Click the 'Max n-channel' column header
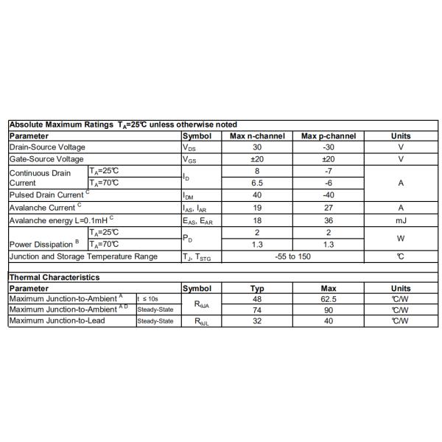click(257, 136)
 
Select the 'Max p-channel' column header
click(329, 136)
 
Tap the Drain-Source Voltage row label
click(47, 147)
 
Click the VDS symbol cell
click(189, 147)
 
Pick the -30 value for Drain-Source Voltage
click(329, 147)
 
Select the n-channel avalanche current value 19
click(257, 207)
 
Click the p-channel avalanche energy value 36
click(329, 220)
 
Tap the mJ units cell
click(400, 220)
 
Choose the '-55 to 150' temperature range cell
click(292, 256)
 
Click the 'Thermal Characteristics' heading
click(54, 277)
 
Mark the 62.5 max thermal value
click(329, 299)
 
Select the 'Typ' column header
click(257, 288)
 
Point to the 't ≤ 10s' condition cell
click(148, 299)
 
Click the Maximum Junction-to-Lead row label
click(57, 320)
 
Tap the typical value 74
click(257, 310)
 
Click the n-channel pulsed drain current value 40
click(257, 195)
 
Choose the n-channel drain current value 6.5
click(257, 183)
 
